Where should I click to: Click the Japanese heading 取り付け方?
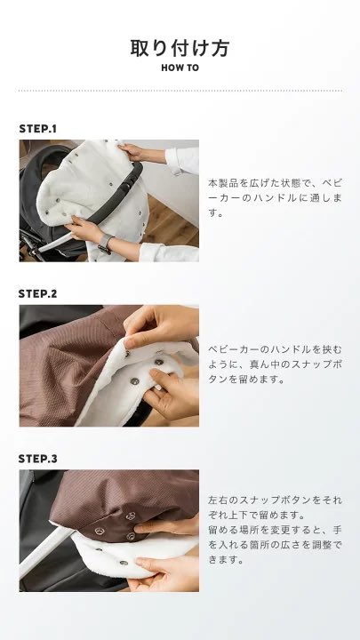[180, 48]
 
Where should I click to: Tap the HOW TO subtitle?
[180, 68]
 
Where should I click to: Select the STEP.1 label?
[38, 129]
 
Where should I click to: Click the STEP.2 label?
[38, 293]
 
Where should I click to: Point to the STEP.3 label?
[38, 459]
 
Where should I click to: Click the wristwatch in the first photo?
[105, 244]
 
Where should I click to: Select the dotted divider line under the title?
[180, 91]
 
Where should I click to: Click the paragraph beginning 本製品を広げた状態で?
[275, 197]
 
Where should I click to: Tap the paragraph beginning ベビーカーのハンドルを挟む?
[275, 364]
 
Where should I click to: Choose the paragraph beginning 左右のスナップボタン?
[275, 530]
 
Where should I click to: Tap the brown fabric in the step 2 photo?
[69, 367]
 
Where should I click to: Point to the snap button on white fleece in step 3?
[124, 563]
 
